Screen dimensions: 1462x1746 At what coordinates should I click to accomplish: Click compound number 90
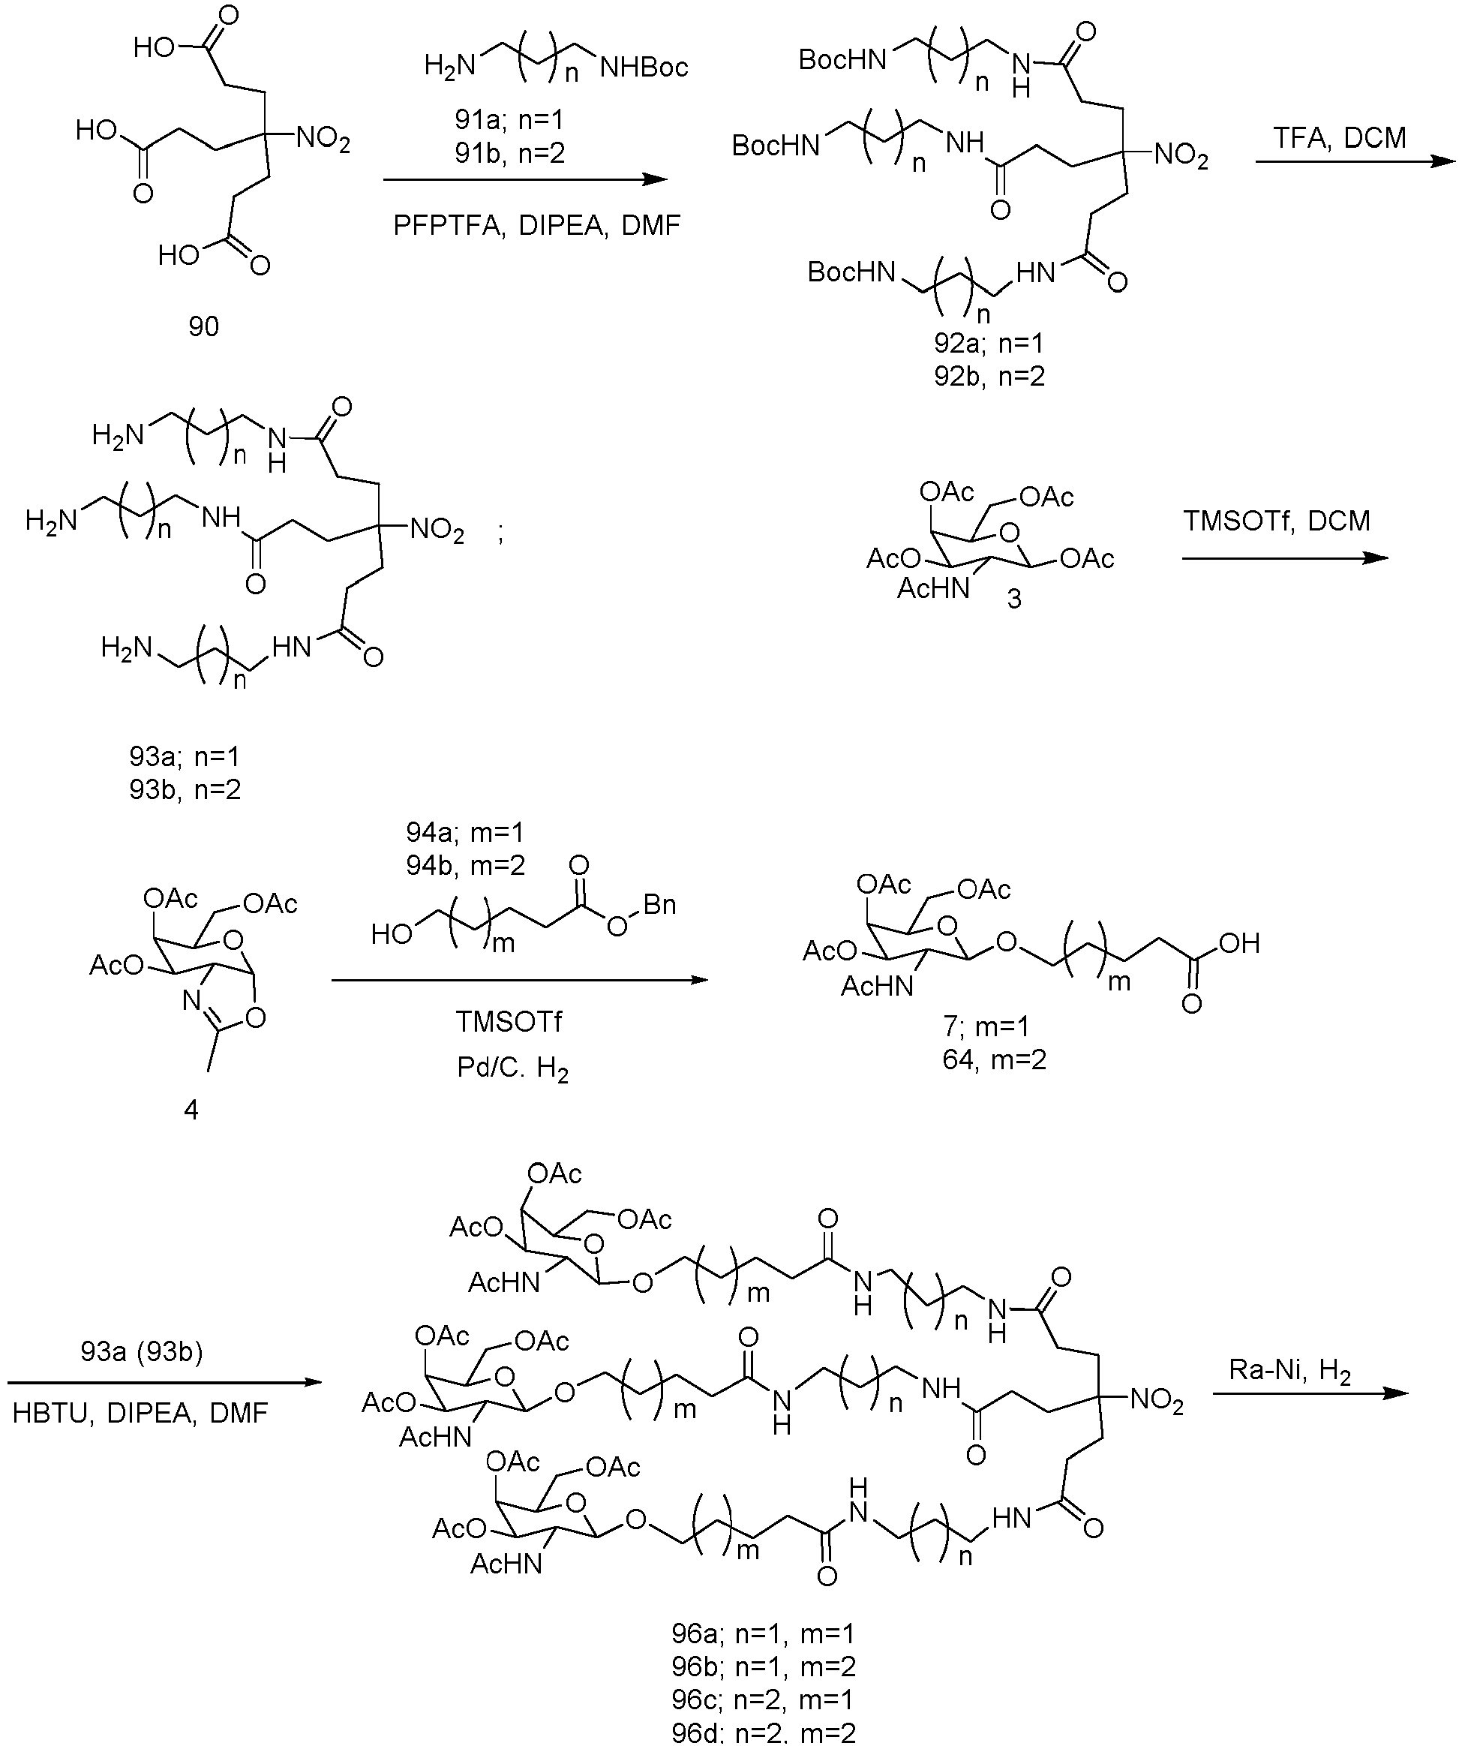tap(203, 326)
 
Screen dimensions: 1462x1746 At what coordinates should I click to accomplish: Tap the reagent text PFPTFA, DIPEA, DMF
tap(537, 225)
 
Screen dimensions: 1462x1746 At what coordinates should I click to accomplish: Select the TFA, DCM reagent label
tap(1340, 137)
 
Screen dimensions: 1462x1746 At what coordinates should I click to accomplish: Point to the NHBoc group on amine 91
tap(644, 67)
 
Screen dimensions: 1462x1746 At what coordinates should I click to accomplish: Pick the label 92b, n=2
tap(989, 377)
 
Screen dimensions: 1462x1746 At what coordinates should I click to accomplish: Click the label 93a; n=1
tap(185, 756)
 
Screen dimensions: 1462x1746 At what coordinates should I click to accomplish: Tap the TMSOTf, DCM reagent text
tap(1277, 521)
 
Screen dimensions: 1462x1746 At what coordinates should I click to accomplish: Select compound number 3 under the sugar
tap(1014, 600)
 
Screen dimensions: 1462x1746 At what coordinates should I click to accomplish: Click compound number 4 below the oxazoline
tap(191, 1110)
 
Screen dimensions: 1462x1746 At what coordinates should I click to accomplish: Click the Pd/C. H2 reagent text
tap(513, 1068)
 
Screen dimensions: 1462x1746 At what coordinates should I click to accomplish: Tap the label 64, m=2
tap(994, 1060)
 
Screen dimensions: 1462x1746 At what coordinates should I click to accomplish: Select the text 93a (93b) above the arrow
tap(142, 1353)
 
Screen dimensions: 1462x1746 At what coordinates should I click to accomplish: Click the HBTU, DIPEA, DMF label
tap(140, 1413)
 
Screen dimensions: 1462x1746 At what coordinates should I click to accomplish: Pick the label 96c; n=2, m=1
tap(763, 1699)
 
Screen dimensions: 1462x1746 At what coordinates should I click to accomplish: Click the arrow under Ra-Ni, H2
tap(1310, 1393)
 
